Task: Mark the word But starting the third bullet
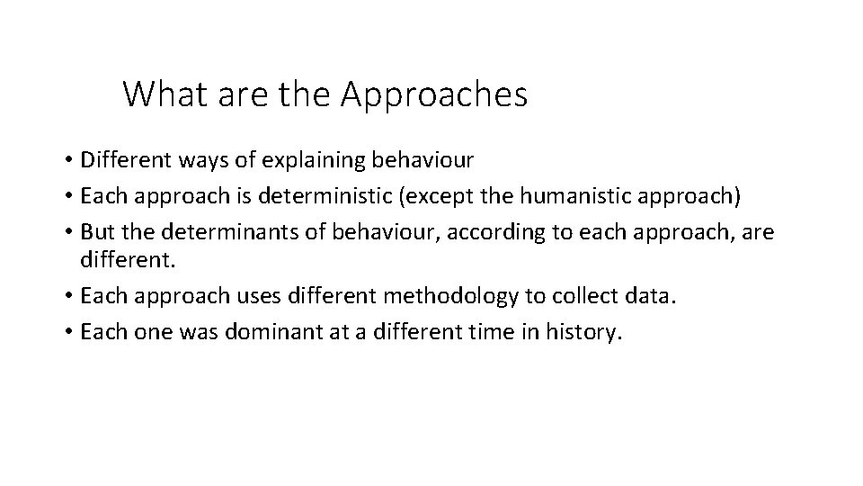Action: pyautogui.click(x=95, y=233)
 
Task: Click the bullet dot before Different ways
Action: pyautogui.click(x=68, y=161)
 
